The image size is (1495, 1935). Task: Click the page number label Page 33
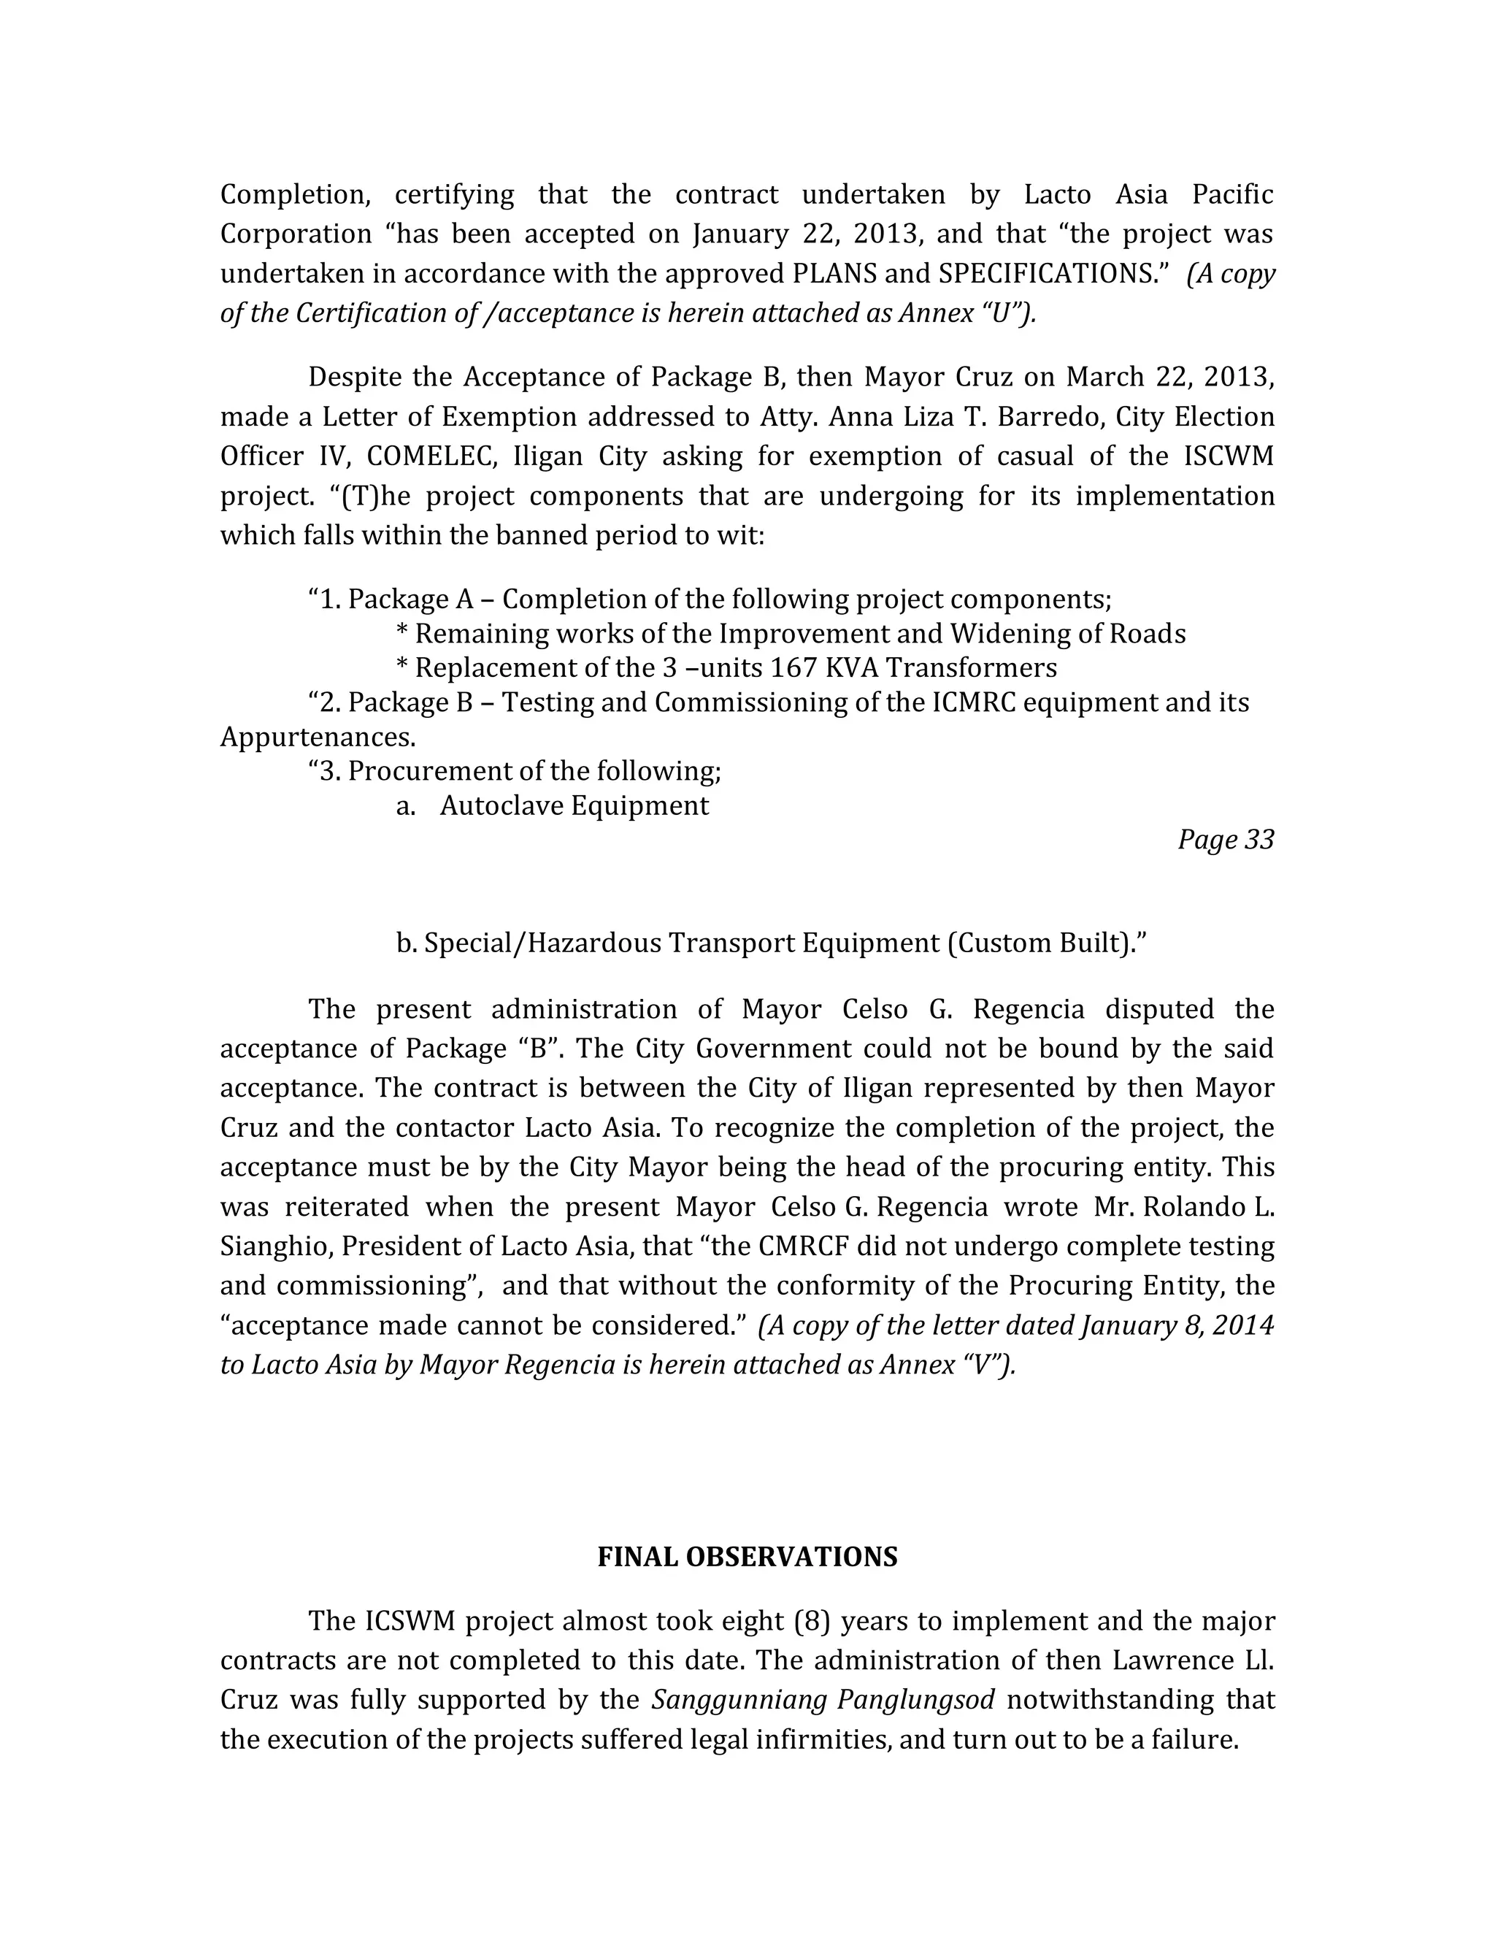1225,839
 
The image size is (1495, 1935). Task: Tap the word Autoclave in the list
502,805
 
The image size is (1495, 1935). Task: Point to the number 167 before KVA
793,667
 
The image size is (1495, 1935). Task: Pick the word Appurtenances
317,736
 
